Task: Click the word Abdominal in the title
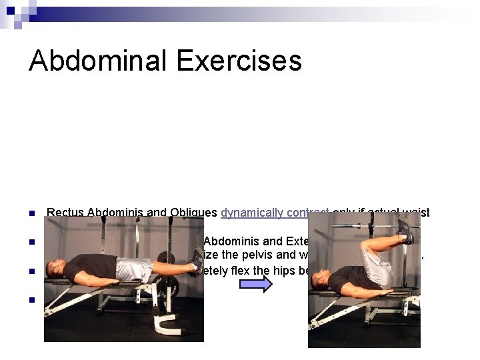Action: pos(97,61)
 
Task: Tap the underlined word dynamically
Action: pos(254,213)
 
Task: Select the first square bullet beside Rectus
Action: pos(31,214)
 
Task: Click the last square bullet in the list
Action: pos(31,299)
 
